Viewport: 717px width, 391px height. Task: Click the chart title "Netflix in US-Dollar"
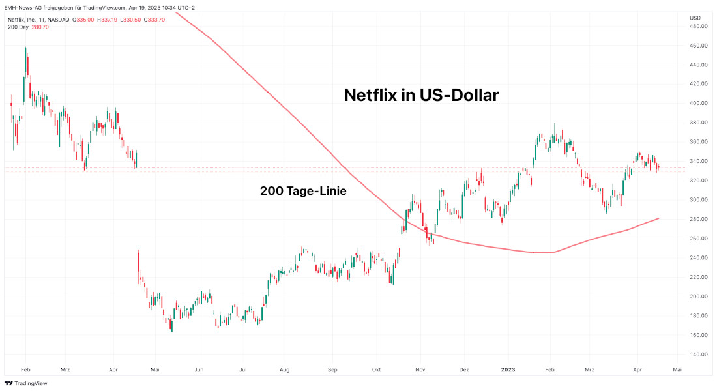point(421,96)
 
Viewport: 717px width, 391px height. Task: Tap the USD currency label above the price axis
point(695,17)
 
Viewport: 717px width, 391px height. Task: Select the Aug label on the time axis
point(285,369)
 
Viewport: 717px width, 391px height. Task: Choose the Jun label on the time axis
point(199,369)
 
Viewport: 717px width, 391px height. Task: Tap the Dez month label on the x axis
point(464,369)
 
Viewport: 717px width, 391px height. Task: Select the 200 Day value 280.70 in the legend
point(40,27)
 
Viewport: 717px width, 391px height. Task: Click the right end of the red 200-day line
point(658,218)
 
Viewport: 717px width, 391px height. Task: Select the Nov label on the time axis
point(420,369)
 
